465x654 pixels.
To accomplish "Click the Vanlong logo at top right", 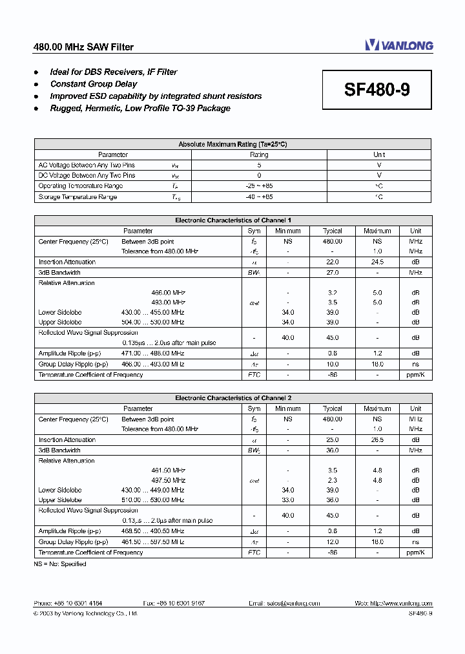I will click(x=398, y=45).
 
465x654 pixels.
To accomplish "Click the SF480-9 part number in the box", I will click(x=377, y=90).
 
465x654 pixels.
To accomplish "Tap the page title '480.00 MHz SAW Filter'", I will click(x=83, y=47).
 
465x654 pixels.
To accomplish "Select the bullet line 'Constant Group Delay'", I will click(x=94, y=84).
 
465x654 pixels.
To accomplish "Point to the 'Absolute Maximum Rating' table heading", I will click(x=232, y=144).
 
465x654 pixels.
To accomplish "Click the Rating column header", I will click(x=259, y=154).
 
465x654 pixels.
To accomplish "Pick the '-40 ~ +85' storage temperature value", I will click(x=259, y=196).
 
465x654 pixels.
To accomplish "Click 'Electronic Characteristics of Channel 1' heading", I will click(x=232, y=220).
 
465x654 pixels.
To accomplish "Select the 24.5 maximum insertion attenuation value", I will click(x=377, y=262).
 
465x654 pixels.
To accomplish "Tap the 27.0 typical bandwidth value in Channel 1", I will click(x=333, y=272).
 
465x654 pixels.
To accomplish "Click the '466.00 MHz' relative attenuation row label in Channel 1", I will click(x=168, y=293).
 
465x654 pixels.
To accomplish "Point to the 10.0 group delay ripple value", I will click(x=333, y=364).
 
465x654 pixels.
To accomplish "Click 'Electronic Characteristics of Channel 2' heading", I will click(x=232, y=398).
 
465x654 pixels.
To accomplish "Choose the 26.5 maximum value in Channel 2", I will click(x=377, y=439).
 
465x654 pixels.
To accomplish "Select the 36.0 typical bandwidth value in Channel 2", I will click(x=333, y=450).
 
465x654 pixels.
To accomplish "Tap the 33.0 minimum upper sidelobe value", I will click(x=288, y=500).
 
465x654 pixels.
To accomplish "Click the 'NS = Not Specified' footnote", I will click(x=60, y=564).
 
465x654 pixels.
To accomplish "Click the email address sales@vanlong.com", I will click(x=284, y=603).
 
